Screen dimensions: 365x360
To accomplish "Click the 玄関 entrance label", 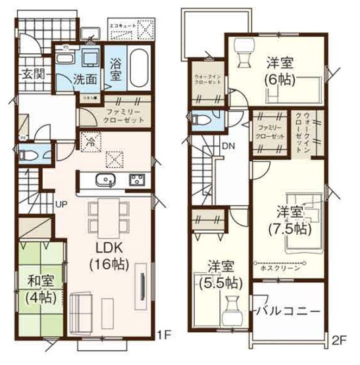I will tap(32, 74).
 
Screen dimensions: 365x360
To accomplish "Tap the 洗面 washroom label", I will tap(85, 78).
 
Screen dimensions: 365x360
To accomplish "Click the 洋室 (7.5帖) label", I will tap(290, 221).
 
